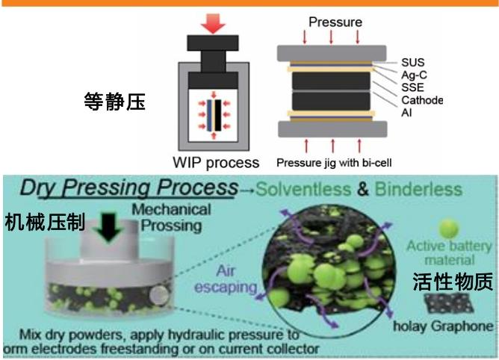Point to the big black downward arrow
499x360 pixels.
[x=102, y=227]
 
